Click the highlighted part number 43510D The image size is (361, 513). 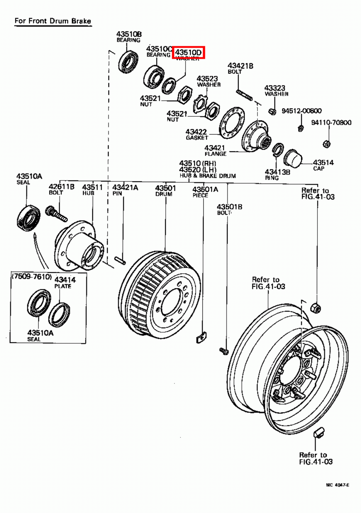[x=189, y=52]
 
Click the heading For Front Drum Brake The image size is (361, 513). [x=53, y=21]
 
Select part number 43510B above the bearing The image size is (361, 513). [x=129, y=34]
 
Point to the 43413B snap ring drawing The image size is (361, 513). [x=278, y=149]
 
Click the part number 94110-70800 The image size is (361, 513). [x=331, y=122]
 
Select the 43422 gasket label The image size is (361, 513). [x=196, y=132]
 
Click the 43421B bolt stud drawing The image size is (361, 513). [x=244, y=95]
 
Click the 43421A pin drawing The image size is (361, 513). [x=120, y=260]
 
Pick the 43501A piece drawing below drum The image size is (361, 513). [x=201, y=338]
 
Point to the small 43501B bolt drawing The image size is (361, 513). [x=224, y=351]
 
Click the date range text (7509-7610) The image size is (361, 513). [x=31, y=276]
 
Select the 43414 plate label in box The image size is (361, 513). [x=65, y=280]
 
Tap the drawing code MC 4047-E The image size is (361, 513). [x=337, y=485]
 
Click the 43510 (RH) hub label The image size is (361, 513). [x=198, y=163]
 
